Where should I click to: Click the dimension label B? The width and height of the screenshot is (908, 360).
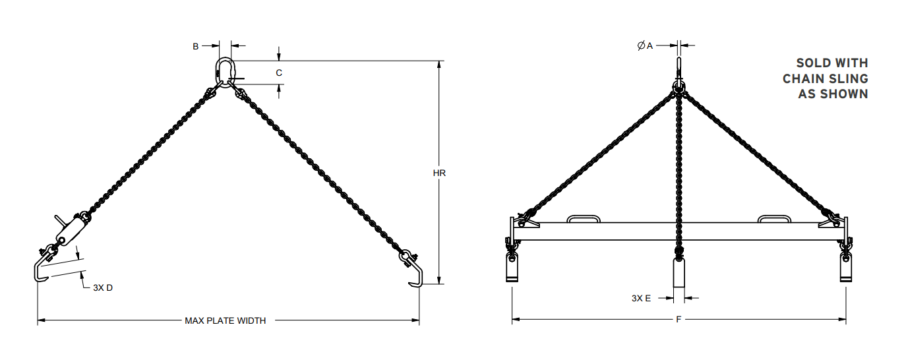click(196, 46)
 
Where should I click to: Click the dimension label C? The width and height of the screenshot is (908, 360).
click(279, 73)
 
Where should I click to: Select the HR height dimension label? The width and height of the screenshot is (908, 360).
click(439, 173)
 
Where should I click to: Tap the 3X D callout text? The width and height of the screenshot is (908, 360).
click(103, 287)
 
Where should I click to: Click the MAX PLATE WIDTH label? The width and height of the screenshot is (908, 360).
click(225, 321)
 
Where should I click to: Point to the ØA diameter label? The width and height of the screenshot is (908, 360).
click(645, 45)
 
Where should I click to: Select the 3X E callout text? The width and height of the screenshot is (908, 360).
click(641, 298)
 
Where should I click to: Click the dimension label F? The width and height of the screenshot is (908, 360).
click(679, 320)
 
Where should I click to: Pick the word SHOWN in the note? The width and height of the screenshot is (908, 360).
click(843, 94)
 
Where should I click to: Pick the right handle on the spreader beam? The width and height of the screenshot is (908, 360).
click(774, 218)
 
